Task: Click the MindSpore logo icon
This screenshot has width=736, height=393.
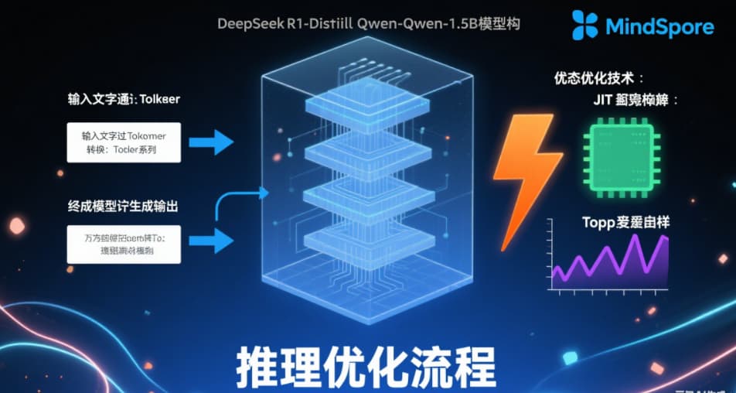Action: pyautogui.click(x=585, y=26)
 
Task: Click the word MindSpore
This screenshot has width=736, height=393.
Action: pyautogui.click(x=659, y=27)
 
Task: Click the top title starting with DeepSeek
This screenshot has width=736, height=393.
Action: pyautogui.click(x=369, y=24)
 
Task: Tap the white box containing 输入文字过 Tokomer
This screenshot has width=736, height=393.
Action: pyautogui.click(x=124, y=142)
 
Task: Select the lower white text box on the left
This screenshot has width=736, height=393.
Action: pyautogui.click(x=124, y=244)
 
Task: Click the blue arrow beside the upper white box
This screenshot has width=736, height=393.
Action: pyautogui.click(x=210, y=142)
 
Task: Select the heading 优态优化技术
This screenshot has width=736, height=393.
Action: pyautogui.click(x=599, y=78)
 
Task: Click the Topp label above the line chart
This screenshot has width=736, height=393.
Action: pyautogui.click(x=625, y=223)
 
